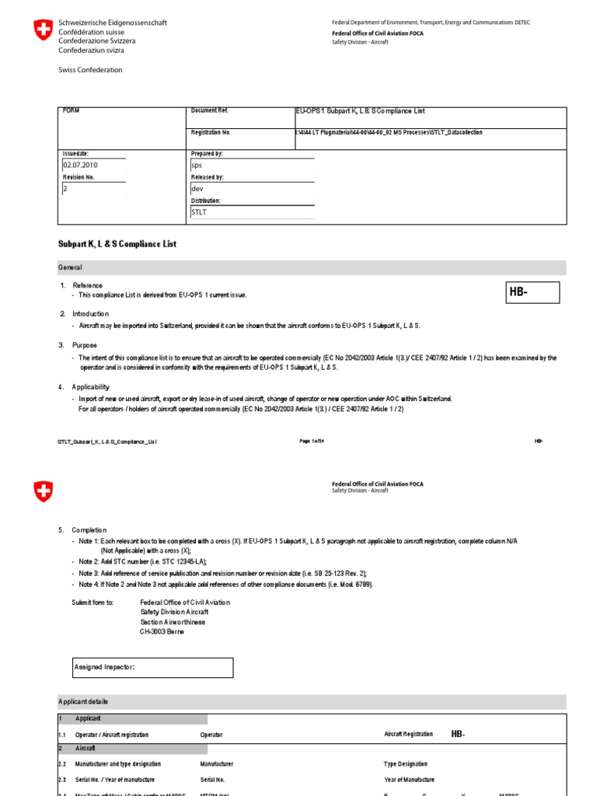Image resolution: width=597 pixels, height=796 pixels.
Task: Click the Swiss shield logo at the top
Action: tap(44, 32)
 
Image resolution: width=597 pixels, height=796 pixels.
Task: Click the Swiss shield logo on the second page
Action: tap(44, 491)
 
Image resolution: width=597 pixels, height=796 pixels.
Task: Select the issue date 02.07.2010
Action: tap(80, 165)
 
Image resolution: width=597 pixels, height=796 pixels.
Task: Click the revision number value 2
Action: tap(65, 188)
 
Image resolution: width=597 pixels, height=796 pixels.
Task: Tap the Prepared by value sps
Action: tap(196, 166)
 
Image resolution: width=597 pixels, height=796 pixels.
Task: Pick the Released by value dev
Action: tap(197, 189)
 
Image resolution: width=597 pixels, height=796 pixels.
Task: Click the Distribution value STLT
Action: tap(199, 212)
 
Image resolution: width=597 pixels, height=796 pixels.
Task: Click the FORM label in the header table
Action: tap(72, 111)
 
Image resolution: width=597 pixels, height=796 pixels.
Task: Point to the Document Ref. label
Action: tap(210, 111)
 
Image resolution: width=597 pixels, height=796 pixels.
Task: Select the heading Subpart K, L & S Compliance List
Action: tap(117, 244)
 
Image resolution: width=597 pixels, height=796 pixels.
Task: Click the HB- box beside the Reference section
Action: tap(532, 292)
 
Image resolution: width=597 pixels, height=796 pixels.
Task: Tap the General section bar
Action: tap(312, 267)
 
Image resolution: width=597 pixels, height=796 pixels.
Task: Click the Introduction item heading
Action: tap(91, 313)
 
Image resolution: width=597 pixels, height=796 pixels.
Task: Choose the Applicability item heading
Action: tap(91, 386)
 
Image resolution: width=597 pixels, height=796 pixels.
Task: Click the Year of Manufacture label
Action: tap(409, 780)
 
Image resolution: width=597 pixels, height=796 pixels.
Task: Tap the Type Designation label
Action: tap(405, 764)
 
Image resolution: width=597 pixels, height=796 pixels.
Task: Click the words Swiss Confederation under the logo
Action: tap(90, 70)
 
